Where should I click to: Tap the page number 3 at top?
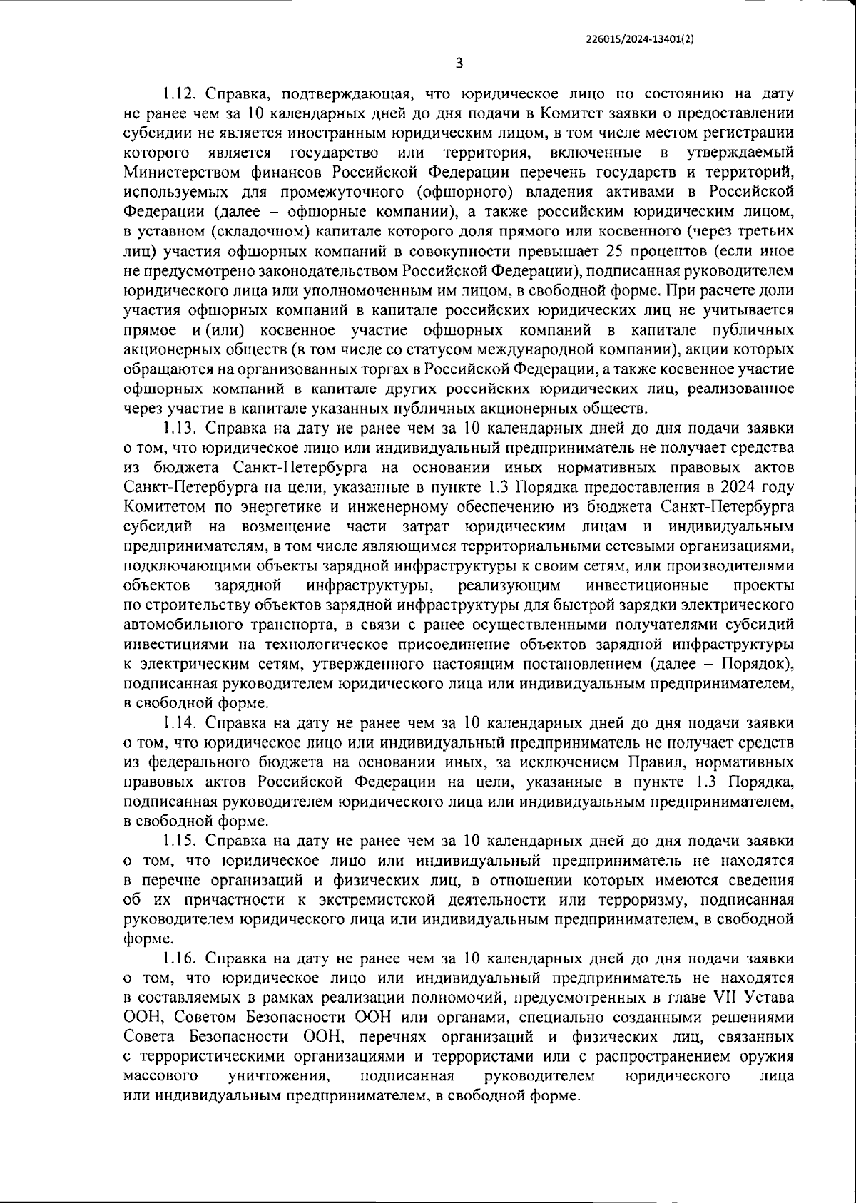(459, 63)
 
